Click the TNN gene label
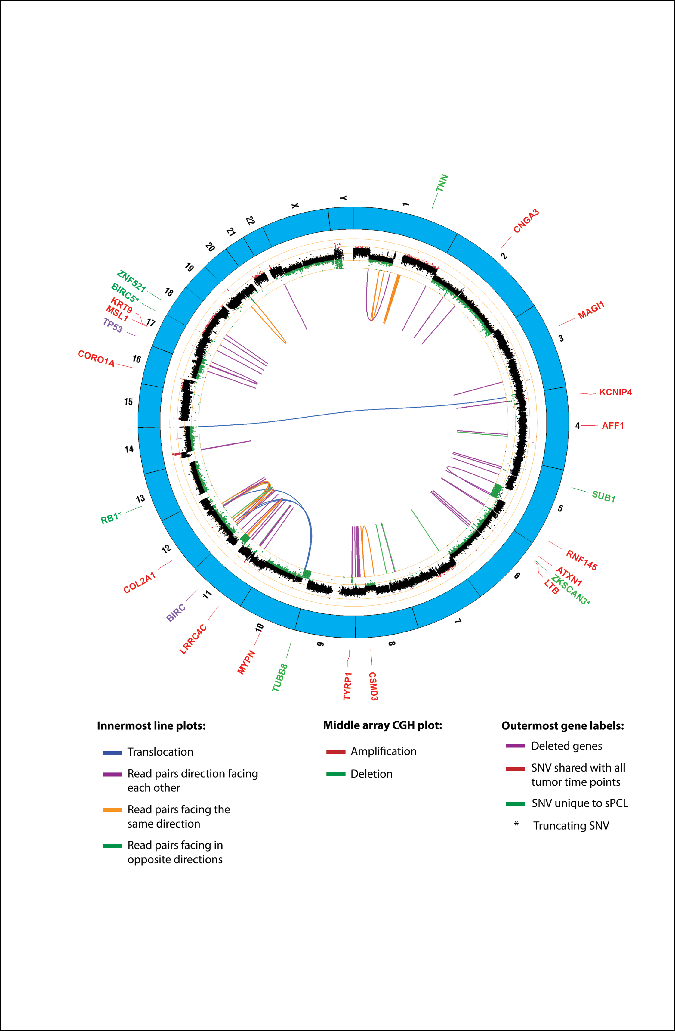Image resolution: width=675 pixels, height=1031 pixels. (x=442, y=183)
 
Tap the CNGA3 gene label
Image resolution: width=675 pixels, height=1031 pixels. (x=526, y=221)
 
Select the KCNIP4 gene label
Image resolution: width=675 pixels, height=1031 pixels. (x=615, y=392)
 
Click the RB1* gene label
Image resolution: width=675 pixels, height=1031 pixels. (x=111, y=518)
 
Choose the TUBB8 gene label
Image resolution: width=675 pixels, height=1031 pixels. (x=280, y=678)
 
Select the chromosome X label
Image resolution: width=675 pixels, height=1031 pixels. (x=295, y=205)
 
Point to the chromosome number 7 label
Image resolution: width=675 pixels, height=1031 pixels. (x=457, y=621)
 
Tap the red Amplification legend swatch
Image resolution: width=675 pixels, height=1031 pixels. (x=336, y=752)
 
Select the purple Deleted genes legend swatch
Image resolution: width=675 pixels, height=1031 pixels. (x=515, y=746)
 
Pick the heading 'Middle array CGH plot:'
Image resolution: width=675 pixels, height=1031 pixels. (x=383, y=725)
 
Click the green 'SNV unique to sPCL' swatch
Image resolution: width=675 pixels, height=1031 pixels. (x=515, y=803)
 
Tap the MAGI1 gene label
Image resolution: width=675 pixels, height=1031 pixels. (x=591, y=311)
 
